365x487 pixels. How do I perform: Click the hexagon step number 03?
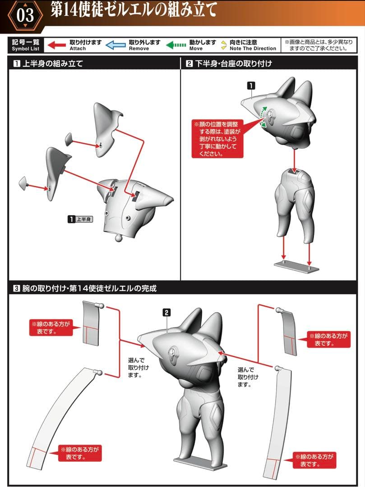point(25,15)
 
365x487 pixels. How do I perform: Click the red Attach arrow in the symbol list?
point(56,45)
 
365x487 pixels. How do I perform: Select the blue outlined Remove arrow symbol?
point(116,45)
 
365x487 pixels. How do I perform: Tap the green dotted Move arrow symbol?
point(176,45)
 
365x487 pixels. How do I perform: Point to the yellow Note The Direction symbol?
point(224,45)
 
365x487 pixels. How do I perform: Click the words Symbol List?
point(25,49)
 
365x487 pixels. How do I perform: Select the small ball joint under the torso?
point(119,238)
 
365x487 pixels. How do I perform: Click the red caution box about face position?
point(217,138)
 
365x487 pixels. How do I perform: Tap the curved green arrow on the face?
point(264,116)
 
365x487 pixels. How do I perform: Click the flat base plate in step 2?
point(296,266)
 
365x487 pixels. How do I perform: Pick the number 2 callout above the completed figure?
point(167,312)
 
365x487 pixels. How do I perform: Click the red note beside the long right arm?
point(314,460)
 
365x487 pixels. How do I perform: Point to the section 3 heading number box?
point(17,289)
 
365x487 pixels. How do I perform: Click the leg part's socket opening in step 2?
point(294,171)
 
